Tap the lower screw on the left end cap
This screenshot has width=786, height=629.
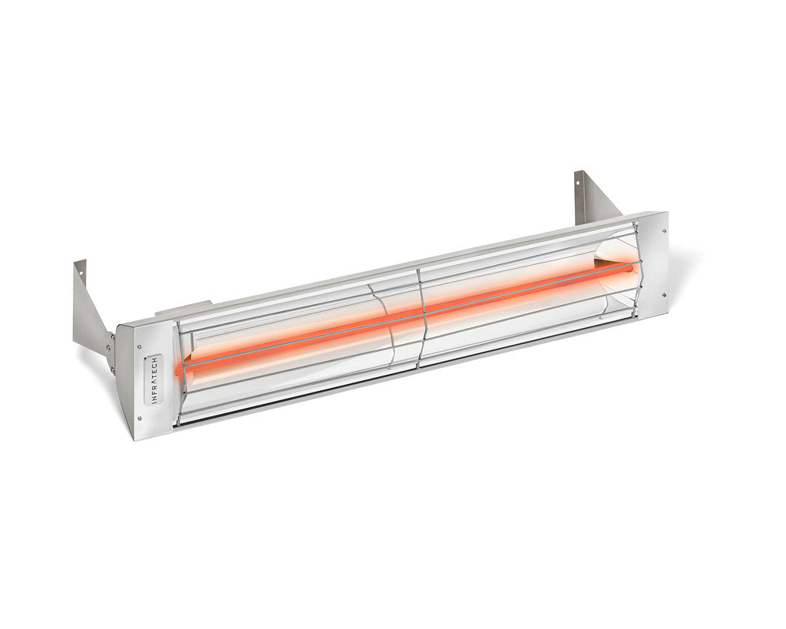point(140,418)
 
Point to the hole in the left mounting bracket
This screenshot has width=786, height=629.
point(81,268)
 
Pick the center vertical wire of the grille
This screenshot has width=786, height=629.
point(419,315)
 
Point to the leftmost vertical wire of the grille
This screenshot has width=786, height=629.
point(180,369)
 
